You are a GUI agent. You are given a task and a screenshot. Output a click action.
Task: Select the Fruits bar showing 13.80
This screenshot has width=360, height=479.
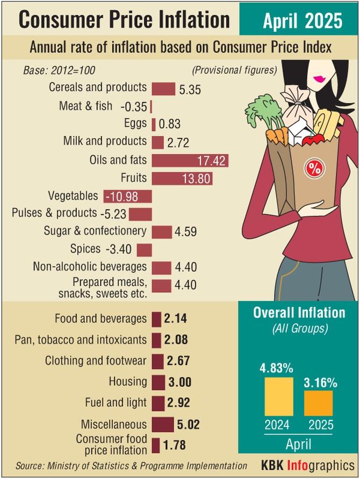click(x=182, y=178)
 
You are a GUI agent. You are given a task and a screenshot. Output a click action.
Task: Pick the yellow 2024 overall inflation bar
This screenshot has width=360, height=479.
click(x=278, y=396)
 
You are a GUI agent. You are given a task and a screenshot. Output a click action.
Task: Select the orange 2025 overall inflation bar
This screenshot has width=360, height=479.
click(x=318, y=402)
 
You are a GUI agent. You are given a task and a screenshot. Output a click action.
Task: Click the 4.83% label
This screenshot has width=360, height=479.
click(x=277, y=369)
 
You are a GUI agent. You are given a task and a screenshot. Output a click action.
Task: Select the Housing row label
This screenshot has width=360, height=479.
click(x=128, y=382)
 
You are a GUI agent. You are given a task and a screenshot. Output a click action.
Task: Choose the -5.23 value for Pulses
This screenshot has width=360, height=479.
click(x=113, y=214)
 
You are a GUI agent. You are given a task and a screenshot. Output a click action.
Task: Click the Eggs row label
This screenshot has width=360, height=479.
click(x=135, y=124)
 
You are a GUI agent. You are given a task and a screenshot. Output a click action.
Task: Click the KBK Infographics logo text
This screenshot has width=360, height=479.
click(x=308, y=465)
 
